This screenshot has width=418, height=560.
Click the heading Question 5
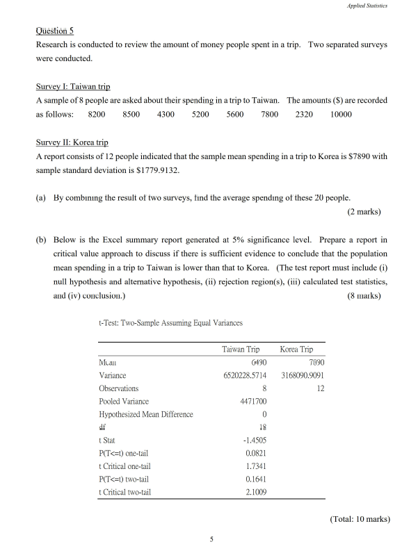pos(54,31)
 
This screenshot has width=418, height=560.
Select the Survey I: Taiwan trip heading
pos(73,87)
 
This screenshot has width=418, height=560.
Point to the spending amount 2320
pos(304,114)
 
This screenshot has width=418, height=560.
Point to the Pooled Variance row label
pos(124,402)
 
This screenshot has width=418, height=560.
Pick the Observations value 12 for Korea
pos(320,388)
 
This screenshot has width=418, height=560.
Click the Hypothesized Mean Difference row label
pos(146,415)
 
